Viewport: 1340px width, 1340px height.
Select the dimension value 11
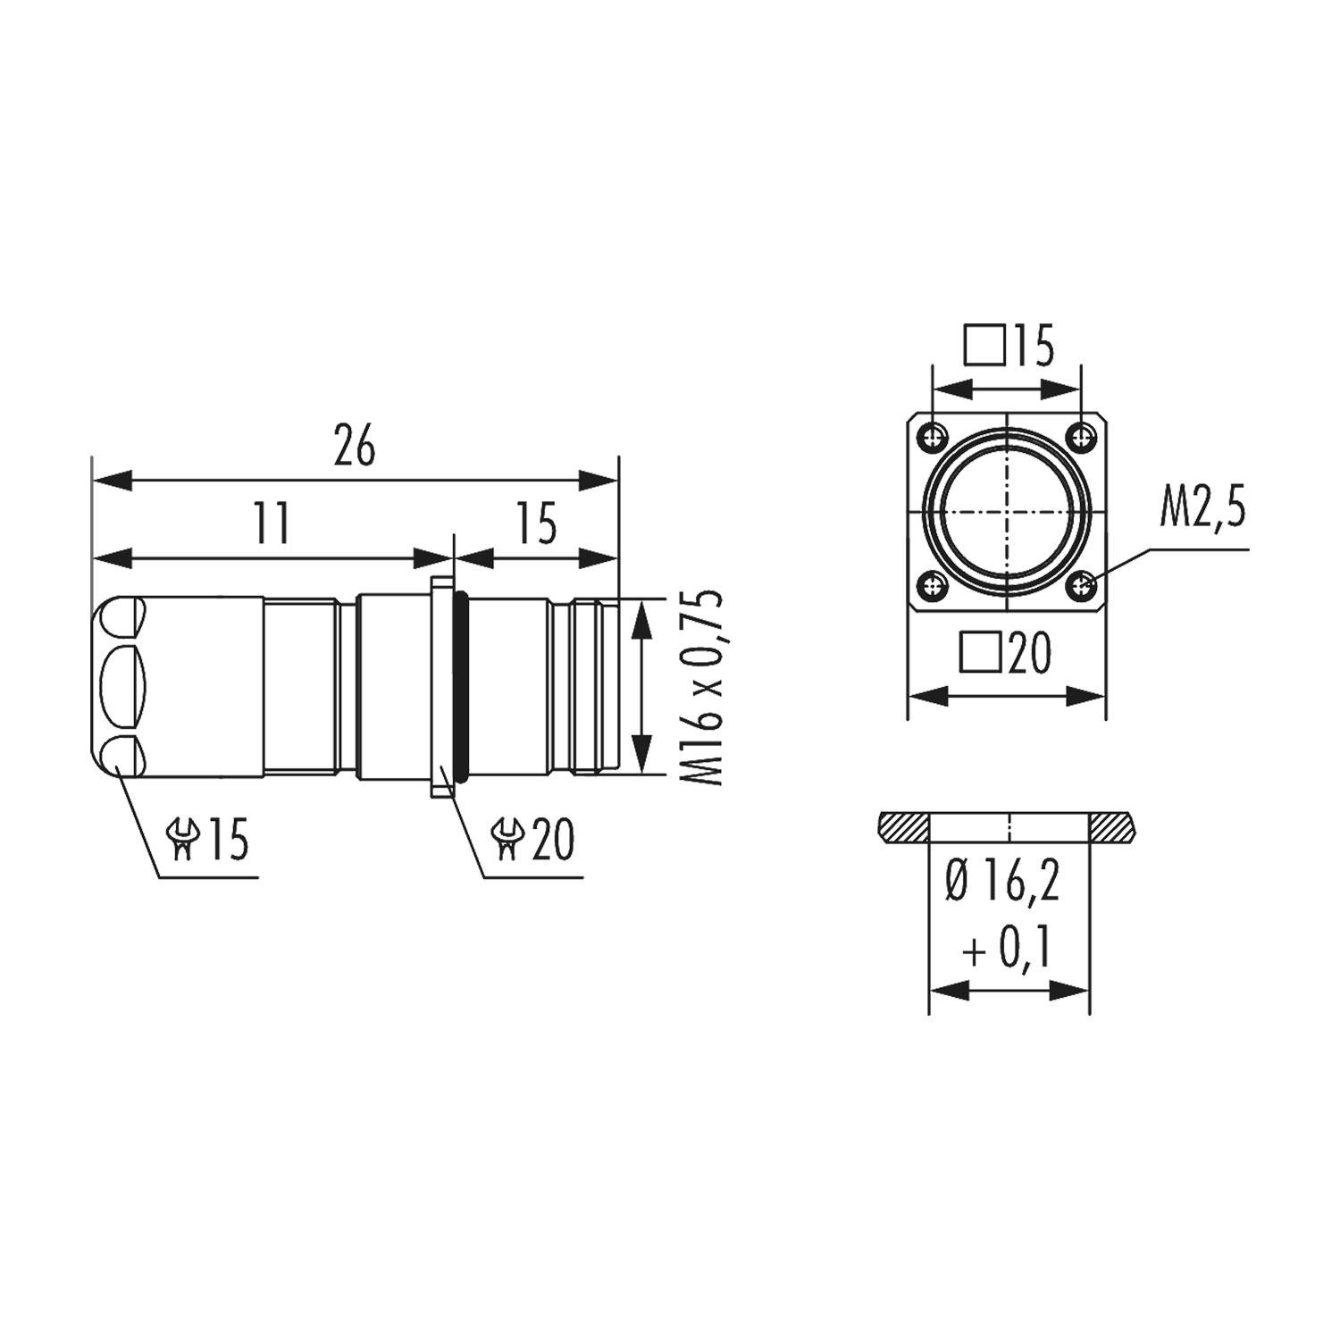pyautogui.click(x=272, y=523)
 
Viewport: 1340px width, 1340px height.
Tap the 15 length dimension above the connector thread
pyautogui.click(x=537, y=523)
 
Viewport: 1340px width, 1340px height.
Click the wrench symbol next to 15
pyautogui.click(x=183, y=841)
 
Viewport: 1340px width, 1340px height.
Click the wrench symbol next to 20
pyautogui.click(x=508, y=841)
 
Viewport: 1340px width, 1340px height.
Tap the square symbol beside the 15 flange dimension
pyautogui.click(x=984, y=347)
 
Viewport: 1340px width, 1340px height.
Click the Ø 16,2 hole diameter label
pyautogui.click(x=1003, y=883)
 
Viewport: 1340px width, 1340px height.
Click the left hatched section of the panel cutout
pyautogui.click(x=902, y=828)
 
